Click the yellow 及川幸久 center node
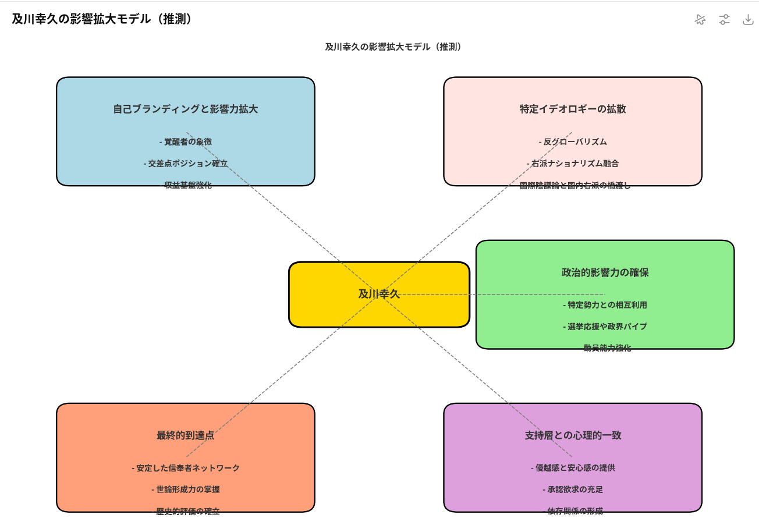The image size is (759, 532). coord(379,294)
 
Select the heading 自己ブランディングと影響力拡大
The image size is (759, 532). coord(186,109)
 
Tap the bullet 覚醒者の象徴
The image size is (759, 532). coord(186,141)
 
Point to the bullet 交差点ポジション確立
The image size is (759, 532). coord(186,164)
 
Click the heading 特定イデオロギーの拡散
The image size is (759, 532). coord(573,109)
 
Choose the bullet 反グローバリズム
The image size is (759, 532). coord(573,141)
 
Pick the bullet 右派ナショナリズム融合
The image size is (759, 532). coord(573,164)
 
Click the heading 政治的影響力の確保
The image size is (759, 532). coord(605,272)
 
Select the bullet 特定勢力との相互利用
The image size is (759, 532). coord(605,305)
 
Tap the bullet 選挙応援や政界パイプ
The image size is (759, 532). coord(605,327)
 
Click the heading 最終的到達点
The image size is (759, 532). coord(186,435)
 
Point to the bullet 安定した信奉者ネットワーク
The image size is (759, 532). coord(186,468)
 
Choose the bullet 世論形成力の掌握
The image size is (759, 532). coord(186,490)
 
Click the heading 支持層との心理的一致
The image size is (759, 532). coord(573,435)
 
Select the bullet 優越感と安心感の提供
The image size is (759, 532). coord(573,468)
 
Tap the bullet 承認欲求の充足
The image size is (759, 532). coord(573,490)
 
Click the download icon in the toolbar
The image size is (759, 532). coord(748,19)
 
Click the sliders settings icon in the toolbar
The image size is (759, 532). coord(724,19)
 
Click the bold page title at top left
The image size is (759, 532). coord(102,19)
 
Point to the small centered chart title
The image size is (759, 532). coord(394,47)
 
